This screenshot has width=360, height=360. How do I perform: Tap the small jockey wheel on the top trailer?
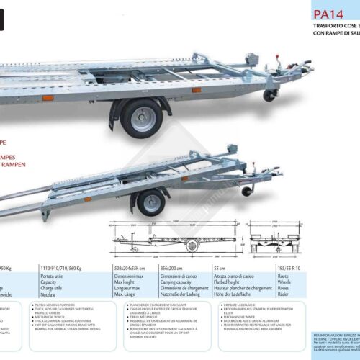click(x=269, y=95)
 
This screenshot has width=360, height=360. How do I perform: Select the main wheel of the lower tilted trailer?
click(x=150, y=202)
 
